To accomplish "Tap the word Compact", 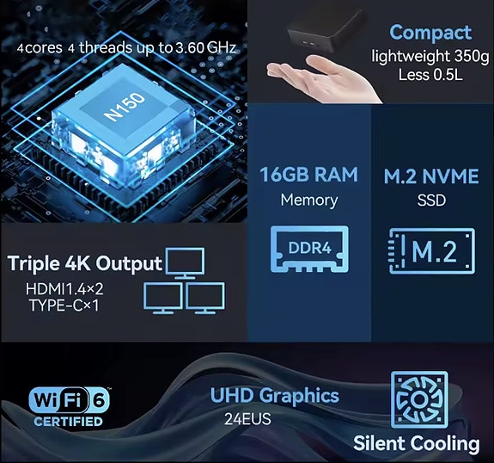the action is point(430,34).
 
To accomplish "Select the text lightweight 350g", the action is point(430,57).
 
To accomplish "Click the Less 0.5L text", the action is point(430,75).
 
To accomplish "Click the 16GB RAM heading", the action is point(308,175).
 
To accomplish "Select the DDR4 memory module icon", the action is point(309,249).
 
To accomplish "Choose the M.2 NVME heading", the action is point(431,176).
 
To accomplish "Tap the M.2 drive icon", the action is point(432,251).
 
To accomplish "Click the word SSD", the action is point(431,201).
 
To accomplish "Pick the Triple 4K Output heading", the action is point(84,263).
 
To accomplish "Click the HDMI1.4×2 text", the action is point(64,289).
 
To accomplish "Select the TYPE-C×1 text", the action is point(64,306).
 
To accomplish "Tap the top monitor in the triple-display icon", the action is point(185,263).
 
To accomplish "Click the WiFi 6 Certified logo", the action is point(69,406).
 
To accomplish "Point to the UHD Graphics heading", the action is point(274,396).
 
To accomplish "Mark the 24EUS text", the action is point(247,419).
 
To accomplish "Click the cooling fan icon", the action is point(419,399).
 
